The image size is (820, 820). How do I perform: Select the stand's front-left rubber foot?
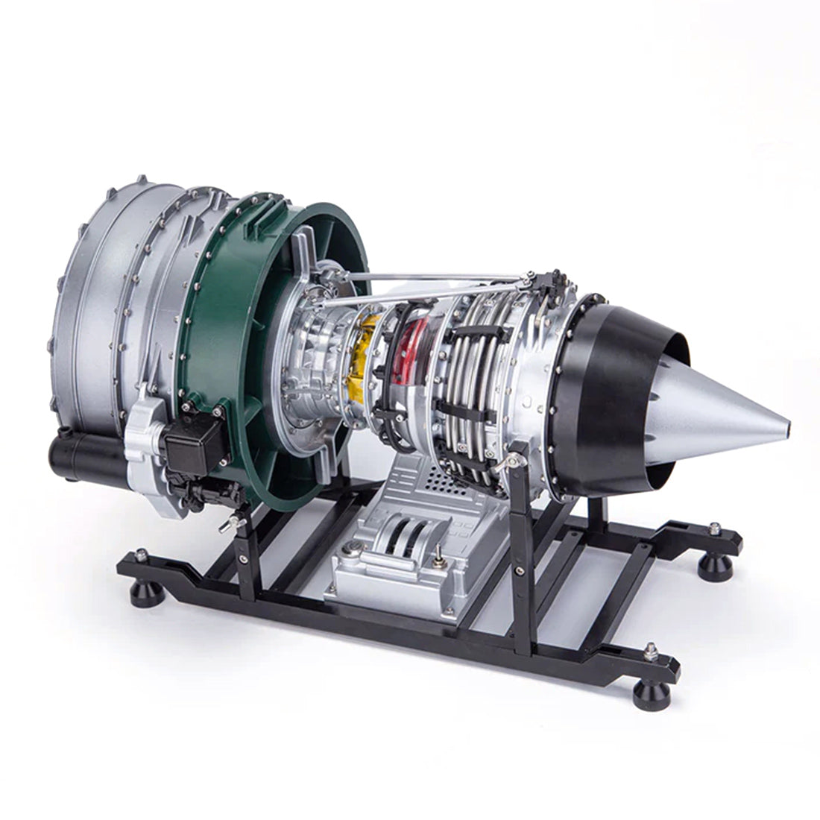(139, 593)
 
